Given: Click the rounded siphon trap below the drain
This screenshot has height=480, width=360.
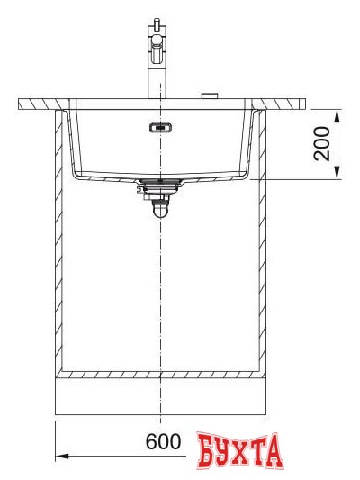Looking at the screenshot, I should (159, 206).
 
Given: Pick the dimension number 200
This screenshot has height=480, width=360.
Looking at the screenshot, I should (320, 144).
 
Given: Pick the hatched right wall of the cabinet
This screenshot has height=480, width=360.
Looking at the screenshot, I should (260, 243).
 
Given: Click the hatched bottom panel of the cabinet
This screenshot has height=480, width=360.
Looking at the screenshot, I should (159, 374).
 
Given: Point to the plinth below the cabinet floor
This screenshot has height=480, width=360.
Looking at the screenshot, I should (159, 396).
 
